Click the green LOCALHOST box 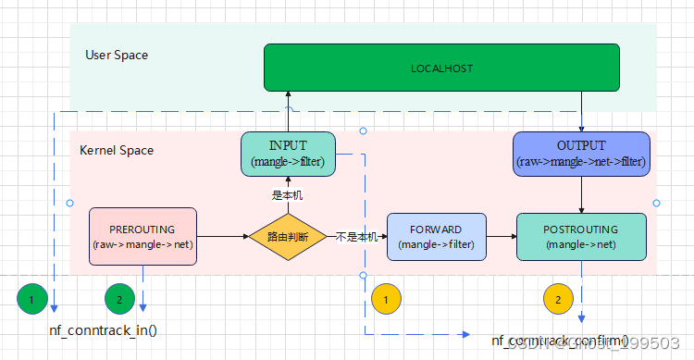pyautogui.click(x=440, y=68)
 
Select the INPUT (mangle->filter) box pyautogui.click(x=287, y=154)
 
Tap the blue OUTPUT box pyautogui.click(x=581, y=154)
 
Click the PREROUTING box pyautogui.click(x=143, y=237)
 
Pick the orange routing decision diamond pyautogui.click(x=288, y=237)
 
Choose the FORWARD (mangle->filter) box pyautogui.click(x=436, y=237)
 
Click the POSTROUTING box pyautogui.click(x=581, y=237)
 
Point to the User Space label pyautogui.click(x=117, y=56)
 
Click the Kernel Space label pyautogui.click(x=117, y=150)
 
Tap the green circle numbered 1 pyautogui.click(x=32, y=299)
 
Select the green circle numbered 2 pyautogui.click(x=118, y=299)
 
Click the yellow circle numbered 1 pyautogui.click(x=386, y=299)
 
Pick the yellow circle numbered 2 pyautogui.click(x=558, y=299)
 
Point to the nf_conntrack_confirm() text pyautogui.click(x=559, y=341)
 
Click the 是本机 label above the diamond pyautogui.click(x=287, y=195)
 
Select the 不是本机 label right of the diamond pyautogui.click(x=356, y=237)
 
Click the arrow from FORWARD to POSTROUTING pyautogui.click(x=501, y=237)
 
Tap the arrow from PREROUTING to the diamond pyautogui.click(x=223, y=237)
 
